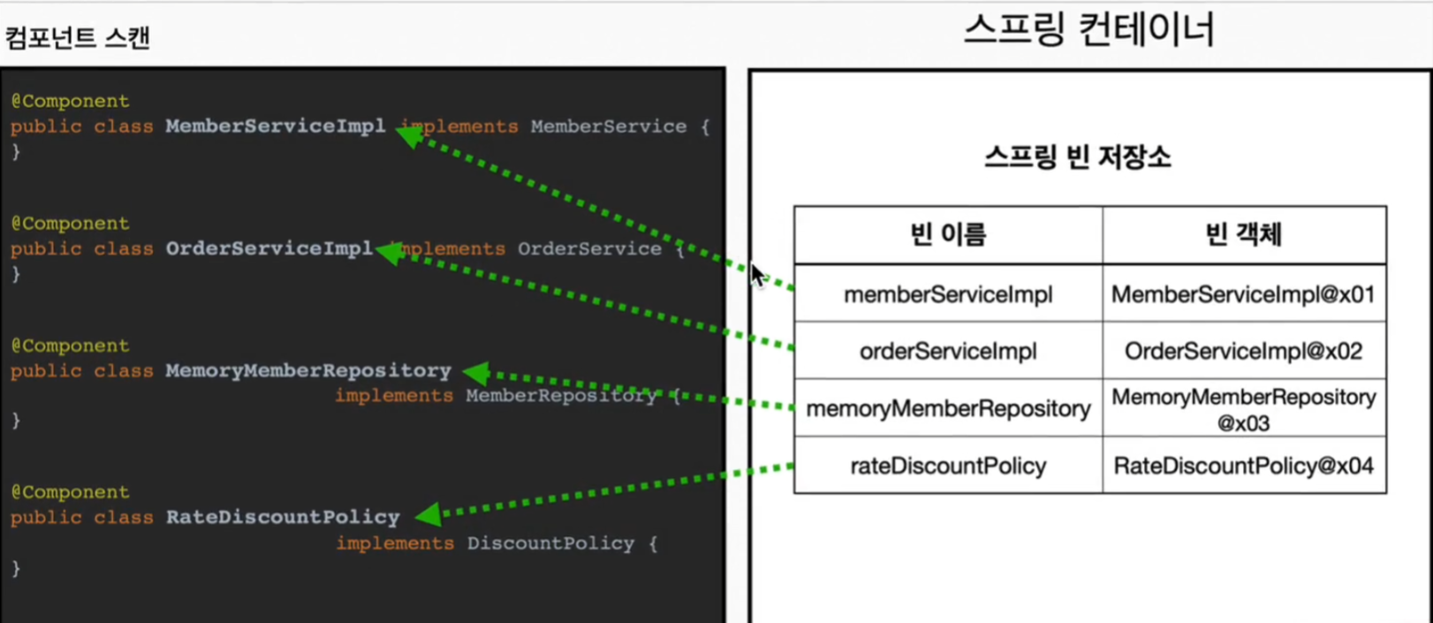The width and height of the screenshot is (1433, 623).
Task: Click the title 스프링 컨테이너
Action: point(1088,30)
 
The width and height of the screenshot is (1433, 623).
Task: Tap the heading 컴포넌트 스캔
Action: point(78,38)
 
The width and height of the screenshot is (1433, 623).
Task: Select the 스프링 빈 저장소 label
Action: point(1077,157)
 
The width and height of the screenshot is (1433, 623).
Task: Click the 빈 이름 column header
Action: point(947,234)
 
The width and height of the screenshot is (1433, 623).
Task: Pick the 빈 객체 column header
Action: point(1243,234)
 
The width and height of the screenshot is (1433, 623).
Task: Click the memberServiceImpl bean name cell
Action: point(948,294)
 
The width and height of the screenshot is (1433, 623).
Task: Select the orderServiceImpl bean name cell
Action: point(948,351)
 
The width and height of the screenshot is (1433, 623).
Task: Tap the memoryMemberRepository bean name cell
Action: point(948,408)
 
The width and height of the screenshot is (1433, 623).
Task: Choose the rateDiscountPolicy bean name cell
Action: point(948,466)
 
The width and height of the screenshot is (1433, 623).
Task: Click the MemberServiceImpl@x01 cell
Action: point(1243,294)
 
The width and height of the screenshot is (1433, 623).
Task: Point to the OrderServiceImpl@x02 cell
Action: point(1243,351)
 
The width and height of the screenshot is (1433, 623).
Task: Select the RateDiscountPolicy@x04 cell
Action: point(1243,466)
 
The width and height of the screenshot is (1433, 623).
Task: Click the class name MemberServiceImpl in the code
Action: point(275,125)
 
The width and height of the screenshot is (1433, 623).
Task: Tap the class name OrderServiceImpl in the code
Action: point(269,248)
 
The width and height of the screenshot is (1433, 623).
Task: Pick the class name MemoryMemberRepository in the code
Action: point(307,370)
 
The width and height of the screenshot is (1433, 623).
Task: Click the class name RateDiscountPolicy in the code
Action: point(283,517)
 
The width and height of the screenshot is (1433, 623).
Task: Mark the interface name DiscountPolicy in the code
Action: point(550,543)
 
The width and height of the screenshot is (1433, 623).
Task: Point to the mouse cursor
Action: point(757,275)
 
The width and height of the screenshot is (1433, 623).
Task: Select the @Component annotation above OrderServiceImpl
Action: point(70,224)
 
